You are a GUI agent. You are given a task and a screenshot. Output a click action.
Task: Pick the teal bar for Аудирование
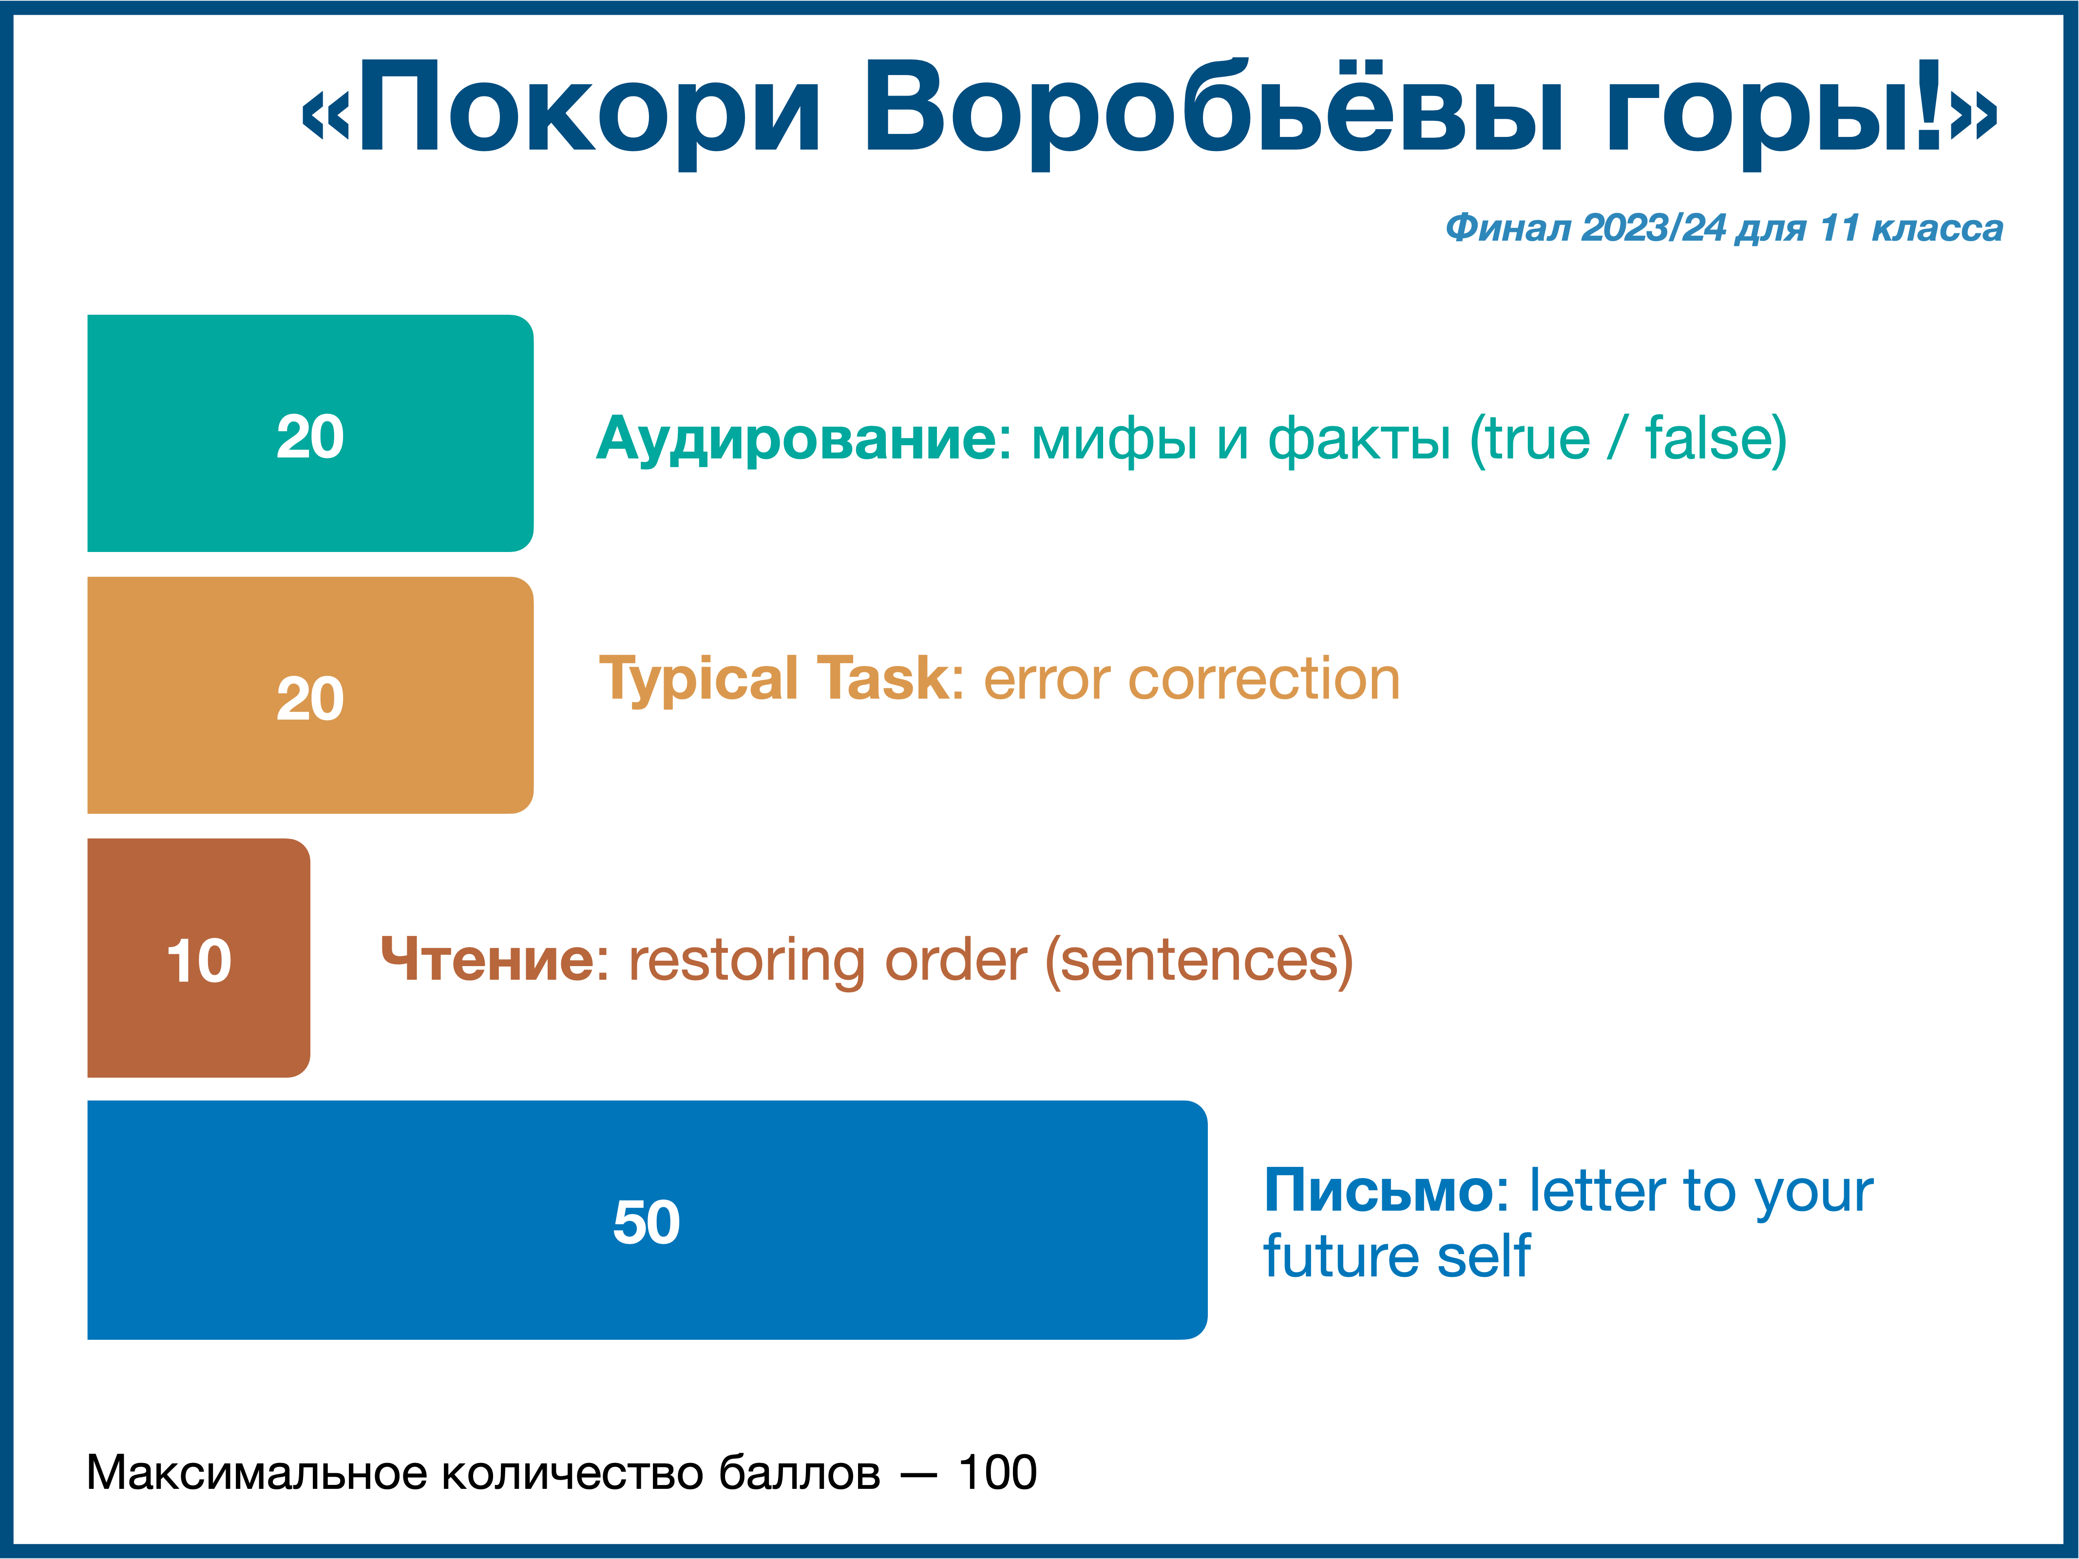310,433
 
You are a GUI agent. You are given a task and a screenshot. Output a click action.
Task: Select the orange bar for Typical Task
310,695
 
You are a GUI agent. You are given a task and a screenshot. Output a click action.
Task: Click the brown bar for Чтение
198,958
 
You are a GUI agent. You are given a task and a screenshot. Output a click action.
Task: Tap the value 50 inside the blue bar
647,1222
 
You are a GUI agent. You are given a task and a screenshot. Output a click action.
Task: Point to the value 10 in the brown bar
198,961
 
